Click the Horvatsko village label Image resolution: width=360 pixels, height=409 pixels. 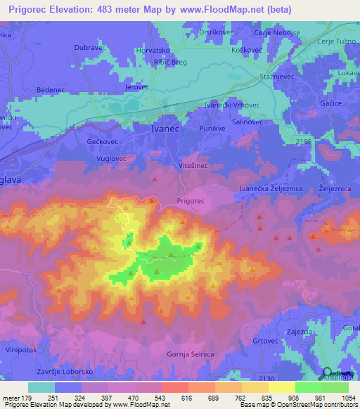[154, 51]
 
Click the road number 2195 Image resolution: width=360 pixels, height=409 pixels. [302, 143]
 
